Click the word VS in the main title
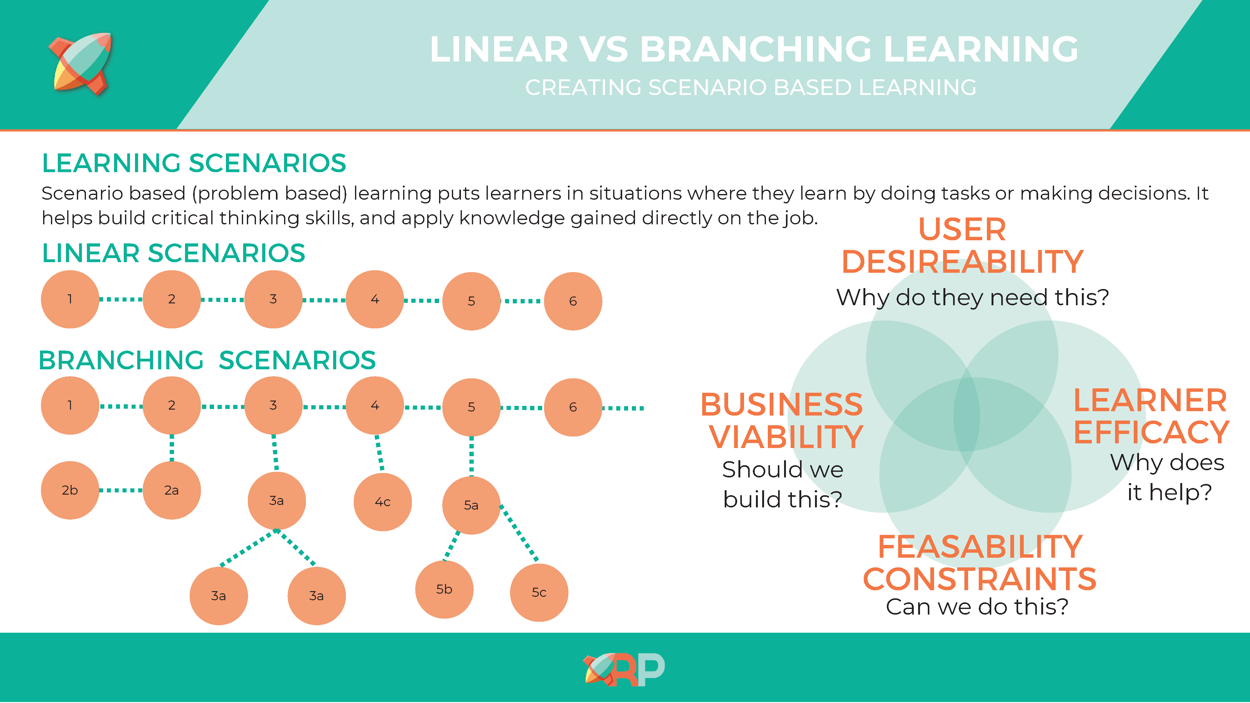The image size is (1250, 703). (x=604, y=49)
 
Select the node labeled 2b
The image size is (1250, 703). (x=70, y=491)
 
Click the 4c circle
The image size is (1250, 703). (x=383, y=502)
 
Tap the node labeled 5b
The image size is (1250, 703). (x=444, y=590)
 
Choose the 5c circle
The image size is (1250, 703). (x=539, y=592)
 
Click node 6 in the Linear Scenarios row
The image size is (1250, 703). (x=573, y=301)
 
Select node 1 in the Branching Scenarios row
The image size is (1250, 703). (x=70, y=406)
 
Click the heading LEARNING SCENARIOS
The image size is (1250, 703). (x=194, y=163)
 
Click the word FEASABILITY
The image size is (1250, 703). (x=980, y=547)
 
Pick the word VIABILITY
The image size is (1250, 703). (x=786, y=437)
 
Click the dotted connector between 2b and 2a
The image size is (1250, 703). (x=121, y=491)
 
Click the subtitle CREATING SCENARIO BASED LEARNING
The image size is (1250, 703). (x=751, y=88)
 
